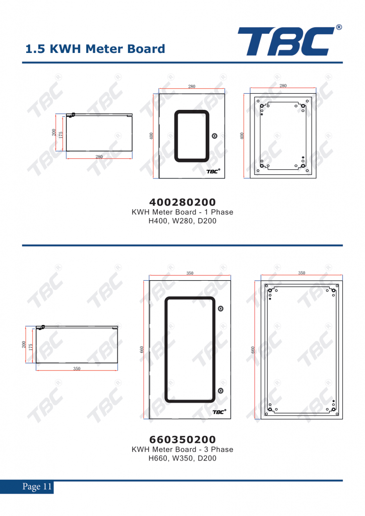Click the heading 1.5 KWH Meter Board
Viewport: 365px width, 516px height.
[x=95, y=49]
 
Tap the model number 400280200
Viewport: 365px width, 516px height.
[x=182, y=202]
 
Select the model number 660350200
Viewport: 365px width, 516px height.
[x=182, y=439]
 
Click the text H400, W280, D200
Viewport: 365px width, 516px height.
[x=182, y=221]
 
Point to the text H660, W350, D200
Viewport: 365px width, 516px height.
[x=182, y=458]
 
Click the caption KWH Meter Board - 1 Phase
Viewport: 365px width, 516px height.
[x=182, y=212]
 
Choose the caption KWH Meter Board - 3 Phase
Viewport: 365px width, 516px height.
[x=182, y=449]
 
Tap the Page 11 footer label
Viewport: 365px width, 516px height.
[x=37, y=486]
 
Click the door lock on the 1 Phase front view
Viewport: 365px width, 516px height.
[x=214, y=136]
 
